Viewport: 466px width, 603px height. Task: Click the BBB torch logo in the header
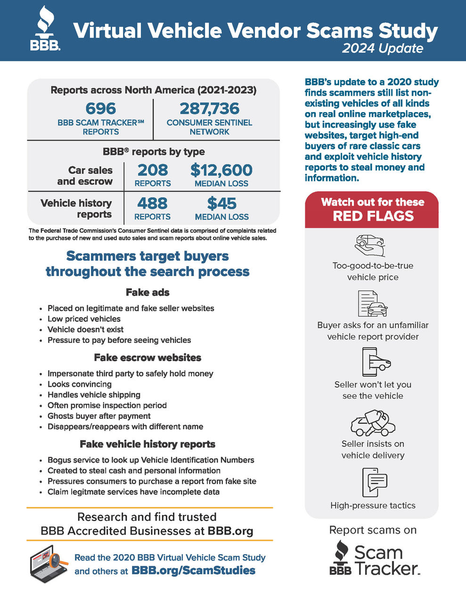pos(45,29)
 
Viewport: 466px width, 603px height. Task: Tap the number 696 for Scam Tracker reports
pos(101,108)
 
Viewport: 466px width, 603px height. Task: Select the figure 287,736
pos(210,108)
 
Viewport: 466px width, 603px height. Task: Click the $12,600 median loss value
pos(221,170)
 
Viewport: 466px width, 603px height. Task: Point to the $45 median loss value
pos(221,204)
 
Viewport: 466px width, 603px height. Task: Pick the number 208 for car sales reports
pos(153,170)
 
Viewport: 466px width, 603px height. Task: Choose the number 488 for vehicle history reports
pos(152,204)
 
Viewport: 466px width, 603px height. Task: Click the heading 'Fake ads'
pos(147,293)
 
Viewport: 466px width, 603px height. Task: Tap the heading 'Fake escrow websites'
pos(147,358)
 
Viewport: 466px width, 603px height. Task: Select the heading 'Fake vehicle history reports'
pos(147,444)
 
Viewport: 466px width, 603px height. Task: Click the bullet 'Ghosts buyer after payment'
pos(99,416)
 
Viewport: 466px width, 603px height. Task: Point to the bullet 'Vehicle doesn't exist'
pos(85,329)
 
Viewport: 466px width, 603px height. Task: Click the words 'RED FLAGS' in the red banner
pos(373,216)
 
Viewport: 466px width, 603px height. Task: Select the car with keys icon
pos(372,423)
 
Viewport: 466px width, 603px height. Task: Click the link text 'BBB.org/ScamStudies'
pos(193,570)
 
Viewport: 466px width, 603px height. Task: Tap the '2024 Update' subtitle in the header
pos(382,49)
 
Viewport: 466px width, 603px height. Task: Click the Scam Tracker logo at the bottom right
pos(374,558)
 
